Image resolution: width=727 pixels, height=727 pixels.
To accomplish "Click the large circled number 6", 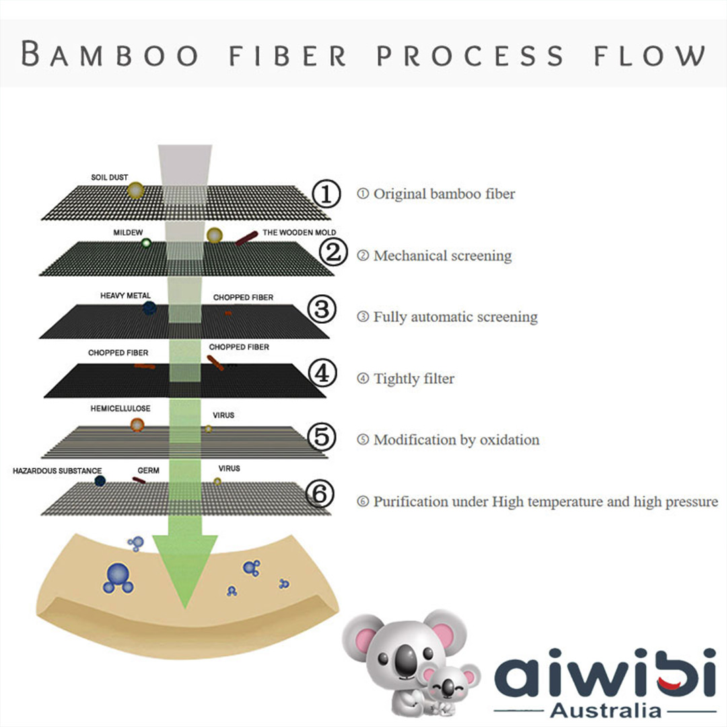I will [x=320, y=494].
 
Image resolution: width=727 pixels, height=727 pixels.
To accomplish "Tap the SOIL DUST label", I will [x=109, y=178].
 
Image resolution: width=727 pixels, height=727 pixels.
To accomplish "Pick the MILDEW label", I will [x=128, y=232].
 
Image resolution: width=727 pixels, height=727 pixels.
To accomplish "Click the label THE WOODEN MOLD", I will [x=299, y=233].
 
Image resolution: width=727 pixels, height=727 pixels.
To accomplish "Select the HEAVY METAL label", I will [x=125, y=296].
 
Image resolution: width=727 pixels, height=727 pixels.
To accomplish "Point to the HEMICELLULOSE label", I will [x=120, y=409].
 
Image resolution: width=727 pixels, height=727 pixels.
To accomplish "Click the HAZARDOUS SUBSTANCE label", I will [x=57, y=471].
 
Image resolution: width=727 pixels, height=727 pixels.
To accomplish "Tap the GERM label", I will [x=148, y=471].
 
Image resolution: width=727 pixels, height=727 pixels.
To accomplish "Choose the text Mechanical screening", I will [x=442, y=256].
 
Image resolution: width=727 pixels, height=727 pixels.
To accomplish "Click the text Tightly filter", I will [x=413, y=379].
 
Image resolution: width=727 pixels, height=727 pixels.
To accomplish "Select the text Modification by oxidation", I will [x=456, y=440].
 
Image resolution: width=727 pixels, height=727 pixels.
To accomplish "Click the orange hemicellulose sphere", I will [x=137, y=424].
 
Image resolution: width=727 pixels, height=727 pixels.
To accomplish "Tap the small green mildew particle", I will [x=146, y=243].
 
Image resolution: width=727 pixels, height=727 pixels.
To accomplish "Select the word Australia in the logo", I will [x=605, y=709].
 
